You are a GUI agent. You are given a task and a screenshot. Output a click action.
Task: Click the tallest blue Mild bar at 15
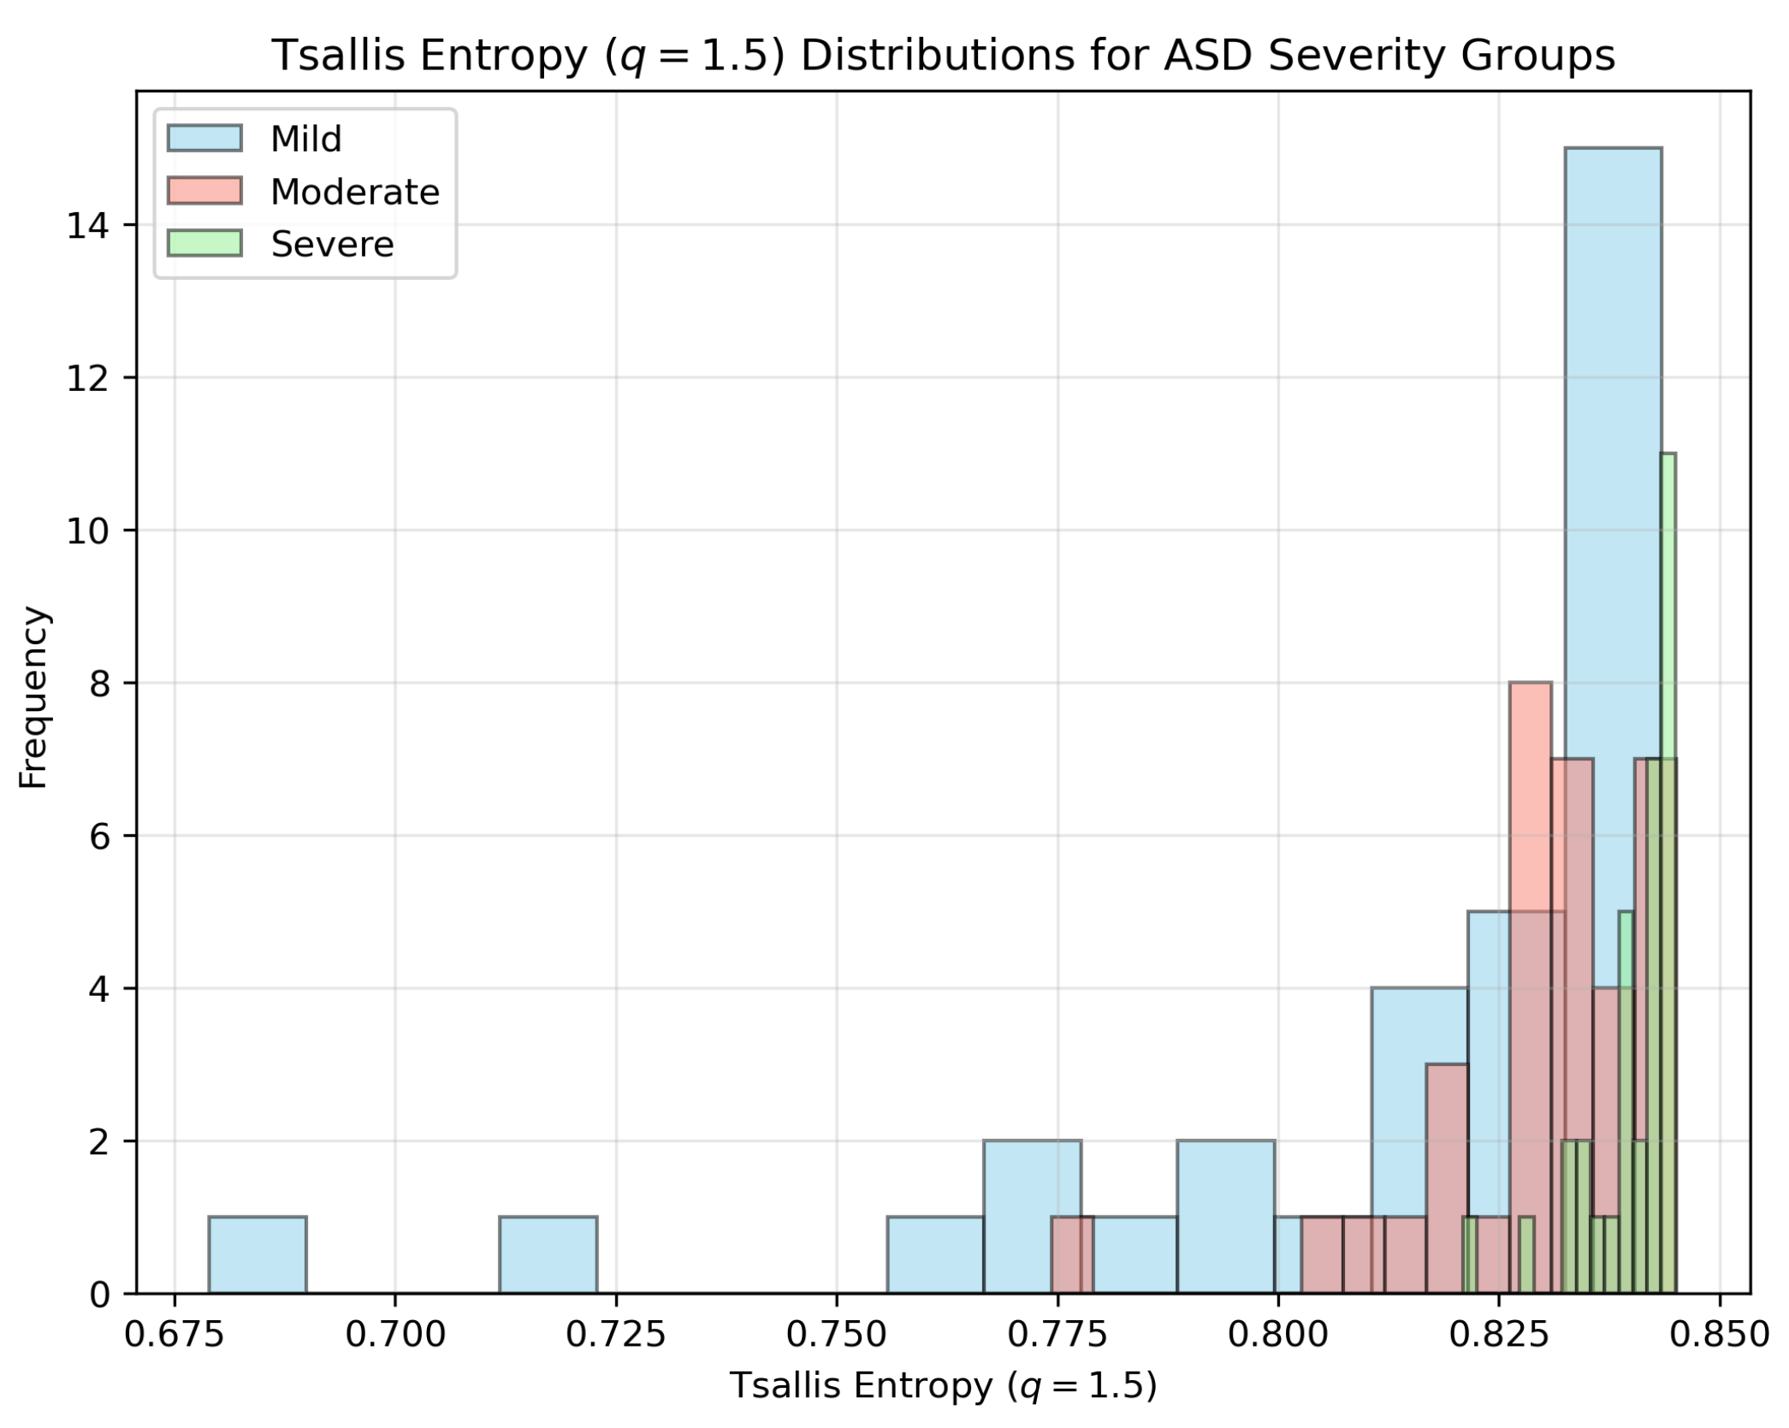click(1612, 513)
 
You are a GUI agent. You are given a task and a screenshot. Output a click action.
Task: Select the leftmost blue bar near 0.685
click(258, 1253)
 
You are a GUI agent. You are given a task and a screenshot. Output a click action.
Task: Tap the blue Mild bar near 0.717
click(548, 1253)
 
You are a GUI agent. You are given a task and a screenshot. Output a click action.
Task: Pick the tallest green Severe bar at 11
click(1668, 599)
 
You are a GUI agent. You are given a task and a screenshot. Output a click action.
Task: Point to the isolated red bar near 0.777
click(1072, 1253)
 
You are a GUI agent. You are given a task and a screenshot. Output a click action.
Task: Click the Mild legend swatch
click(204, 139)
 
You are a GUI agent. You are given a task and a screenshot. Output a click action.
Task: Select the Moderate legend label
click(354, 192)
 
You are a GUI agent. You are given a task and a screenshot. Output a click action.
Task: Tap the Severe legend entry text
click(332, 245)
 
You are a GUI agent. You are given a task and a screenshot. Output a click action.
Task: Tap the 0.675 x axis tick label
click(175, 1335)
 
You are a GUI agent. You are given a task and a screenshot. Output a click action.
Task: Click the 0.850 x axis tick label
click(1720, 1335)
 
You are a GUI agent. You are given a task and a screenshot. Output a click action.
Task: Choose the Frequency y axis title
click(33, 696)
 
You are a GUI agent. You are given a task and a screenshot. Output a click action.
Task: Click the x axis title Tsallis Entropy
click(942, 1386)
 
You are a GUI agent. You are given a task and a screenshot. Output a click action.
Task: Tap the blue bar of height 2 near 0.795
click(1225, 1215)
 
